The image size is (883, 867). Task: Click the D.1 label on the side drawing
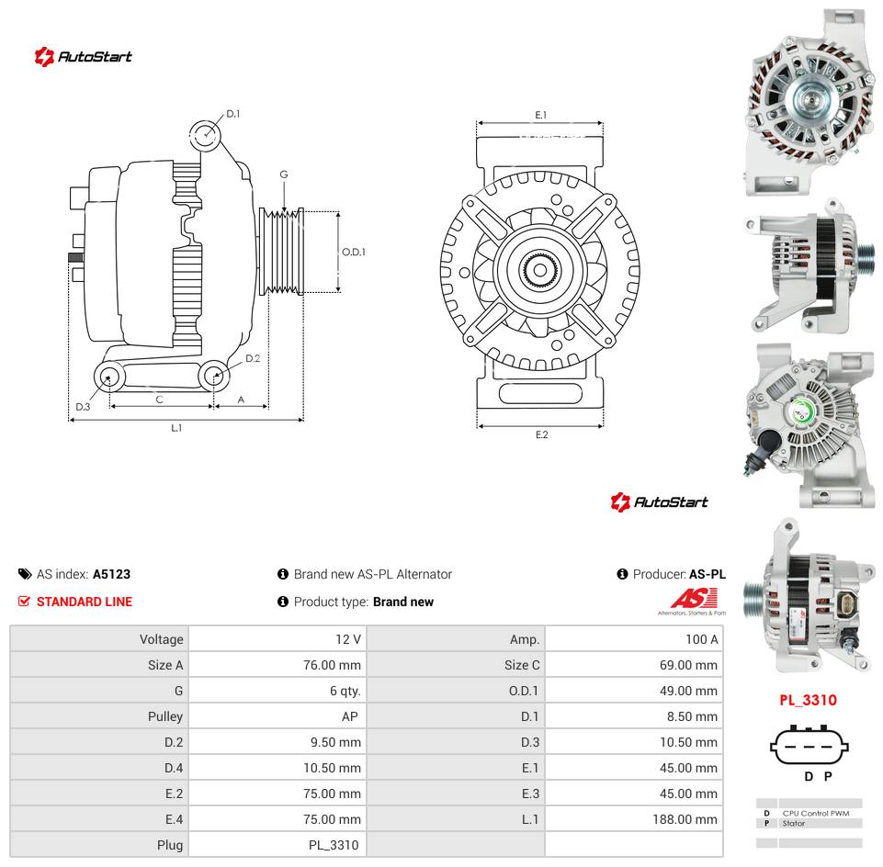pos(233,114)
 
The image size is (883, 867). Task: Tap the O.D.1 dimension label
pos(354,252)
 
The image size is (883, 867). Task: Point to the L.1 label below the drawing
pos(176,428)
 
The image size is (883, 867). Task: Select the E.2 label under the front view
pos(541,434)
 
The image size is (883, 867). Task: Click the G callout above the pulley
pos(284,175)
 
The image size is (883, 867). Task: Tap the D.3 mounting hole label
pos(83,407)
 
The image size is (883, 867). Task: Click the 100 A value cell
pos(701,639)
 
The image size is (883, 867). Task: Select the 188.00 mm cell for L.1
pos(685,819)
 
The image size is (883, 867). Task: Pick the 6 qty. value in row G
pos(345,691)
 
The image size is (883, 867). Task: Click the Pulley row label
pos(165,716)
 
